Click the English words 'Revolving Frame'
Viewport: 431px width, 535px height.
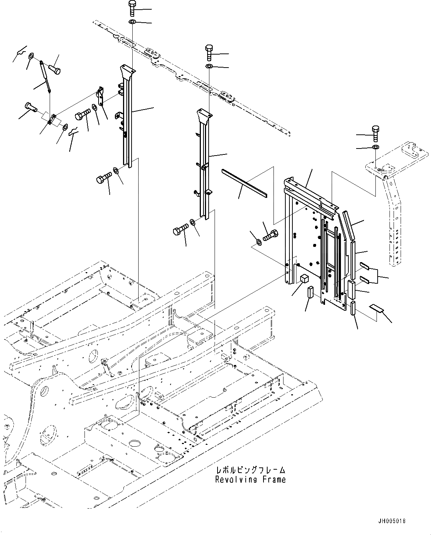[x=251, y=480]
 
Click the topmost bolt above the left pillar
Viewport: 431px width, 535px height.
[x=132, y=8]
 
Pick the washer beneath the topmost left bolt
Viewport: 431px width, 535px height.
[x=132, y=22]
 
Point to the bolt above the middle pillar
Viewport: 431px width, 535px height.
[x=209, y=52]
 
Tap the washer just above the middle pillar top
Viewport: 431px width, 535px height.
[x=209, y=66]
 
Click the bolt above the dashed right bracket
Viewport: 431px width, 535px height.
[x=375, y=134]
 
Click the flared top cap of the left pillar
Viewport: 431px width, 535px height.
[x=127, y=71]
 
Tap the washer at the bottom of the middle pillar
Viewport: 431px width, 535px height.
[x=193, y=222]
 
